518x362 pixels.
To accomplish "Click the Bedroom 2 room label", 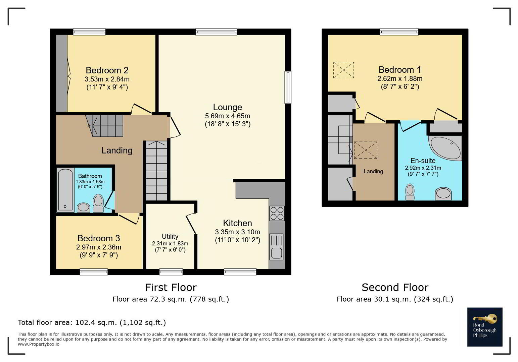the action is click(107, 70).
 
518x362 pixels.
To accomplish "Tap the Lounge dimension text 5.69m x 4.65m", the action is click(228, 116).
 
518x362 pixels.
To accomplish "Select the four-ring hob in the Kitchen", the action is click(277, 214).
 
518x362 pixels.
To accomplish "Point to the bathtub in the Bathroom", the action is click(65, 190).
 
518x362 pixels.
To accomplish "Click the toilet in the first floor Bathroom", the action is click(98, 203).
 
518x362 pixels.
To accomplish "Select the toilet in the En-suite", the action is click(410, 192).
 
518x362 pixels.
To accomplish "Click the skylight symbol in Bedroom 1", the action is click(343, 70).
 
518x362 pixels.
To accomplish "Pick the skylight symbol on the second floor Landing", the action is click(366, 150).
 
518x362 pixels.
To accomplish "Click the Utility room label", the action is click(170, 236).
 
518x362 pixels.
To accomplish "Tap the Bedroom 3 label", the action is click(99, 238).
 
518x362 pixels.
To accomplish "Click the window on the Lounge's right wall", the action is click(288, 87).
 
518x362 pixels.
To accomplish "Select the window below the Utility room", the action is click(171, 272).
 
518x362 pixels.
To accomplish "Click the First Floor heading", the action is click(171, 288).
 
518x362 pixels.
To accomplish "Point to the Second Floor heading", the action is click(395, 288).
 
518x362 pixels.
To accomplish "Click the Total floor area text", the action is click(92, 322).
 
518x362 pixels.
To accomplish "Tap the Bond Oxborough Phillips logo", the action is click(485, 327).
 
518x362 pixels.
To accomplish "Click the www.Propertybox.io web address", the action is click(39, 344).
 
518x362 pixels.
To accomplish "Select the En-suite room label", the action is click(423, 161).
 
